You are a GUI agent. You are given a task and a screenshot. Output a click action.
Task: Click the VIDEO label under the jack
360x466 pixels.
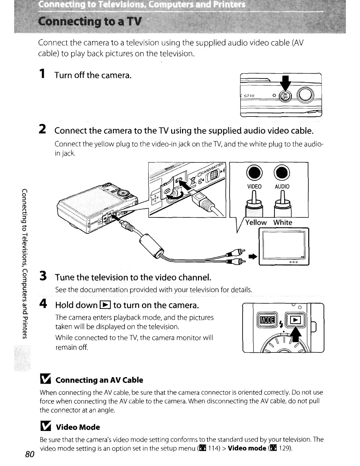point(254,187)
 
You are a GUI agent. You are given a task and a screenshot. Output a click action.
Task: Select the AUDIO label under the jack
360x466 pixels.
point(282,187)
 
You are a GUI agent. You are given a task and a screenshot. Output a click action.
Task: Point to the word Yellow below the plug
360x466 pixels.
point(256,222)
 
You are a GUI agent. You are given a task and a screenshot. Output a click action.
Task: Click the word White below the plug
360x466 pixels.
point(283,222)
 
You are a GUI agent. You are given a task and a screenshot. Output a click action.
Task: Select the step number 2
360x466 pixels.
point(43,129)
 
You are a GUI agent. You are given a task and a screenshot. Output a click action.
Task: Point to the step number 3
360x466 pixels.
point(43,277)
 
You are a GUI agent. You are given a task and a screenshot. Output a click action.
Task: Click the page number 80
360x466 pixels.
point(30,454)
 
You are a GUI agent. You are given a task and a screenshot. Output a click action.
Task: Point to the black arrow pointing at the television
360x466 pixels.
point(253,257)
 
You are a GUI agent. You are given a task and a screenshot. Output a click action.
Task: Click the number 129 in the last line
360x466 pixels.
point(284,448)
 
